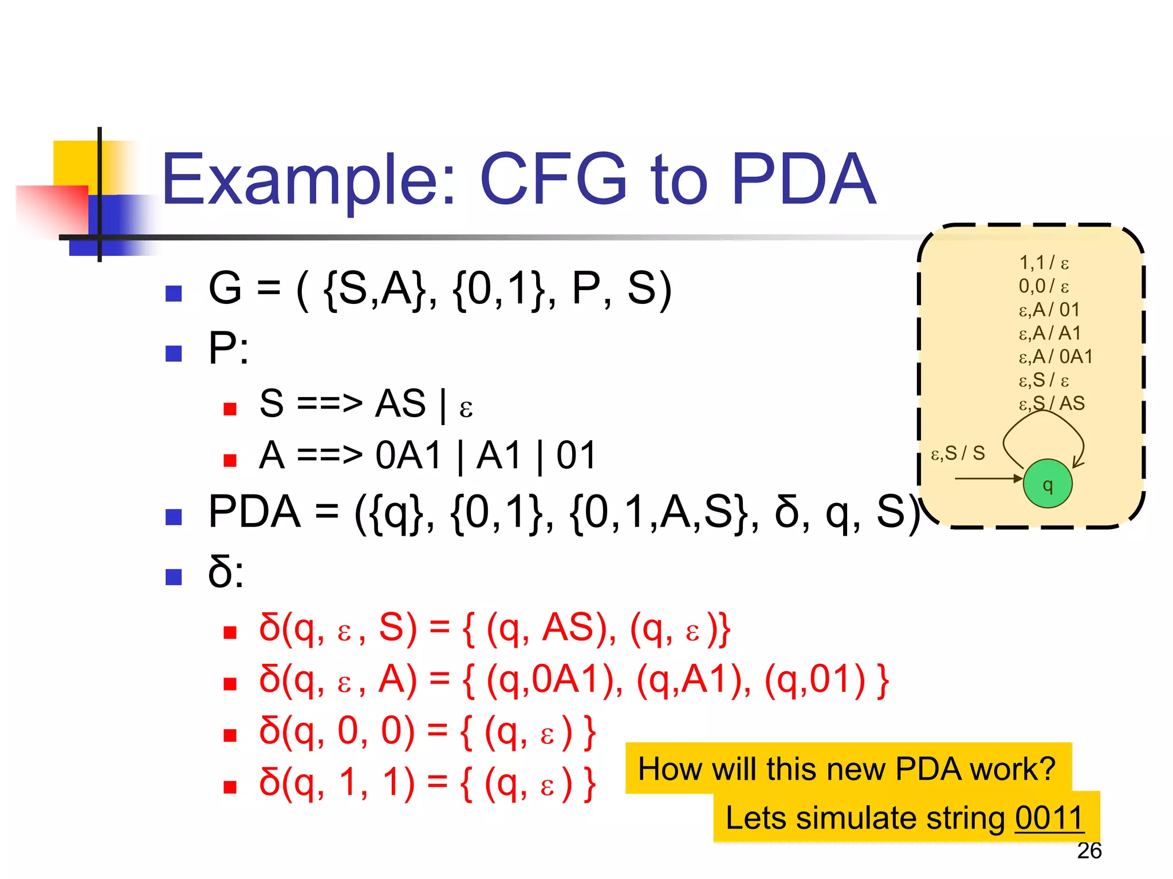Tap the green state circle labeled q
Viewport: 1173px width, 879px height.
(x=1048, y=484)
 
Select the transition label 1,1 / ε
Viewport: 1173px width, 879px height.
(x=1044, y=263)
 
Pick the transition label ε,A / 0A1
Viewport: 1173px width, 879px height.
(x=1056, y=357)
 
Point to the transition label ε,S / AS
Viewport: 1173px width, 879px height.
(x=1052, y=403)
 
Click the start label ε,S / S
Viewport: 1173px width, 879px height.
(x=958, y=453)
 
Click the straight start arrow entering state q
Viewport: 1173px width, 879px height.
(x=988, y=478)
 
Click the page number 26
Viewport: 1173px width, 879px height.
(x=1089, y=851)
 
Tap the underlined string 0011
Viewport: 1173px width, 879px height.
(x=1049, y=817)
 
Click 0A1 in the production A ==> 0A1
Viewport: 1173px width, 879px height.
(x=409, y=456)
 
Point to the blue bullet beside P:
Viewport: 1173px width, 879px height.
(x=174, y=353)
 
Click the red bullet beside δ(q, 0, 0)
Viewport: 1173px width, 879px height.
(x=230, y=735)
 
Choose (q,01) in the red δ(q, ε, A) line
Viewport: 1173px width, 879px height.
(x=814, y=680)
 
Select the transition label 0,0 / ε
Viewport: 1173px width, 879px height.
(x=1044, y=286)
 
